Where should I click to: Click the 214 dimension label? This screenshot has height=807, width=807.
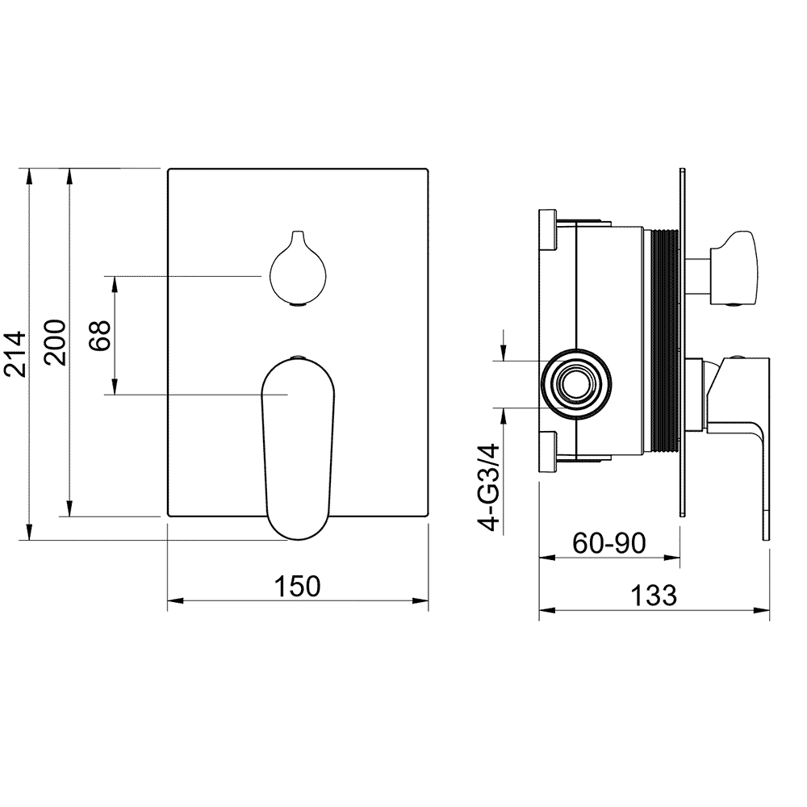pyautogui.click(x=15, y=354)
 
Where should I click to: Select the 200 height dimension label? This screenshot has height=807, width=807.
pyautogui.click(x=55, y=343)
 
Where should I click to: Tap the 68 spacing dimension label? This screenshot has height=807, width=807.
pyautogui.click(x=99, y=336)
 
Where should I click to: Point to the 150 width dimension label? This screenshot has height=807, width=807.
pyautogui.click(x=298, y=586)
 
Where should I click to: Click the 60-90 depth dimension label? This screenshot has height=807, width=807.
pyautogui.click(x=609, y=543)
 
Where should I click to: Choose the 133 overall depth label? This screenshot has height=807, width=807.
pyautogui.click(x=654, y=596)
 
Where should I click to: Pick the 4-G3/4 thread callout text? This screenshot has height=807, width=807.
pyautogui.click(x=489, y=487)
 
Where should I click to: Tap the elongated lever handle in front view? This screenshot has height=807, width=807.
pyautogui.click(x=298, y=447)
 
